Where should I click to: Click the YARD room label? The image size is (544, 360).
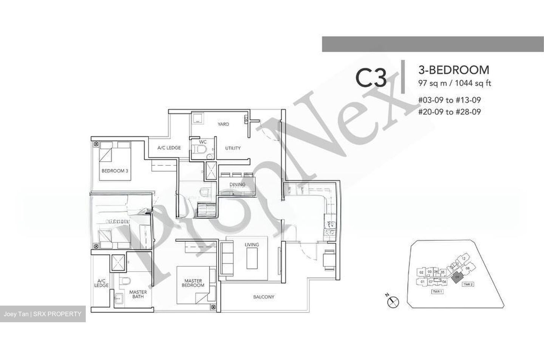click(x=223, y=124)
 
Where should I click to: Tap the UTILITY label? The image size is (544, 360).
click(x=233, y=148)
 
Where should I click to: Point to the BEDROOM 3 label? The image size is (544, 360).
click(x=115, y=171)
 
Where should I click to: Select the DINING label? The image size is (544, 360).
click(x=237, y=185)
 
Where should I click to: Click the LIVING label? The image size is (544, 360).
click(x=252, y=245)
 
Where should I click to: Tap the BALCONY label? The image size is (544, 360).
click(x=264, y=297)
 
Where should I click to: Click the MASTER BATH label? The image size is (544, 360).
click(x=138, y=295)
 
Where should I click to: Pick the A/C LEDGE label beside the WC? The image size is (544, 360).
click(x=169, y=148)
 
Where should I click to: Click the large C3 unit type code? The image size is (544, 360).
click(x=371, y=79)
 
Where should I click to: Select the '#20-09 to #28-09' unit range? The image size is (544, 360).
click(x=449, y=112)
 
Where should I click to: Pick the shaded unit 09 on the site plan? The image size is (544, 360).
click(x=457, y=277)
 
